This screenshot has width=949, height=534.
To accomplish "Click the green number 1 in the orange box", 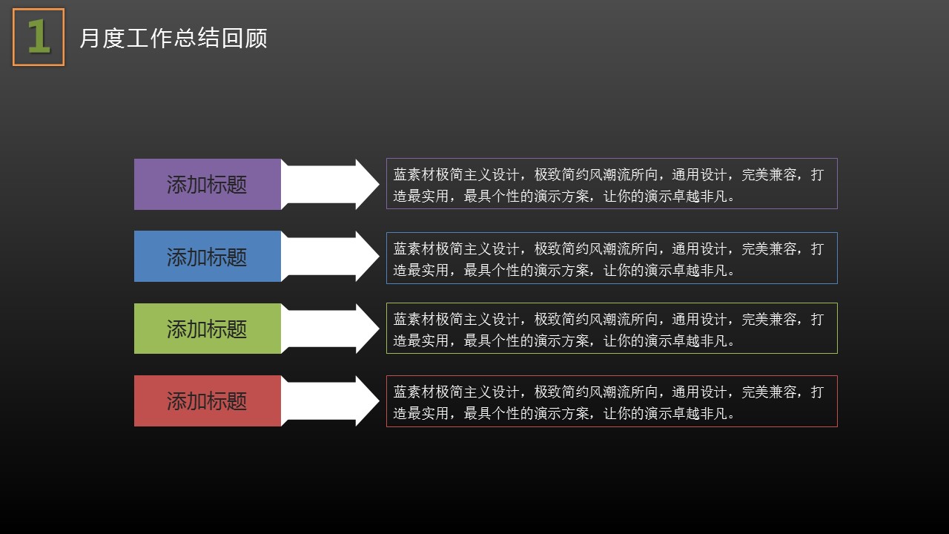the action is pyautogui.click(x=39, y=37).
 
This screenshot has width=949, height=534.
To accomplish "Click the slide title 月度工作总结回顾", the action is pyautogui.click(x=173, y=38).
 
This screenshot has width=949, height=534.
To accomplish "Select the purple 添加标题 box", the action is pyautogui.click(x=208, y=185).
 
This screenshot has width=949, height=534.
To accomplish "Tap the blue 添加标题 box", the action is pyautogui.click(x=208, y=257).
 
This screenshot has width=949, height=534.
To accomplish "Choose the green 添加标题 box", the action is pyautogui.click(x=208, y=329).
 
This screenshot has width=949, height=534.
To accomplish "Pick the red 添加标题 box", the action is pyautogui.click(x=208, y=401).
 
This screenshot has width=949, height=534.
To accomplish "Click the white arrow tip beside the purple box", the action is pyautogui.click(x=379, y=185).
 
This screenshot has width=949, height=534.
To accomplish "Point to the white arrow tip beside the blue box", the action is pyautogui.click(x=379, y=257).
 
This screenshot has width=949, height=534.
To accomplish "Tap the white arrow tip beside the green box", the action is pyautogui.click(x=379, y=329).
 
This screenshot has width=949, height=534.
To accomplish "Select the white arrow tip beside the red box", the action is pyautogui.click(x=379, y=401).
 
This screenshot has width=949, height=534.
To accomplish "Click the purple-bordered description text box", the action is pyautogui.click(x=612, y=183).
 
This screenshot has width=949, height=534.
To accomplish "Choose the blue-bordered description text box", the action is pyautogui.click(x=612, y=258).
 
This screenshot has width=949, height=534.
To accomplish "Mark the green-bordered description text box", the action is pyautogui.click(x=612, y=328).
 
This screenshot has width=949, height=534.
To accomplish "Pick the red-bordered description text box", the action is pyautogui.click(x=612, y=401).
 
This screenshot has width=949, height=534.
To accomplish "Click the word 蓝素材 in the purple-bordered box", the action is pyautogui.click(x=414, y=174).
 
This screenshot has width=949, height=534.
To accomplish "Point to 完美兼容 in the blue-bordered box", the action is pyautogui.click(x=769, y=248).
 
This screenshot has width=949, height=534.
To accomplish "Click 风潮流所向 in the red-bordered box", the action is pyautogui.click(x=624, y=392).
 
